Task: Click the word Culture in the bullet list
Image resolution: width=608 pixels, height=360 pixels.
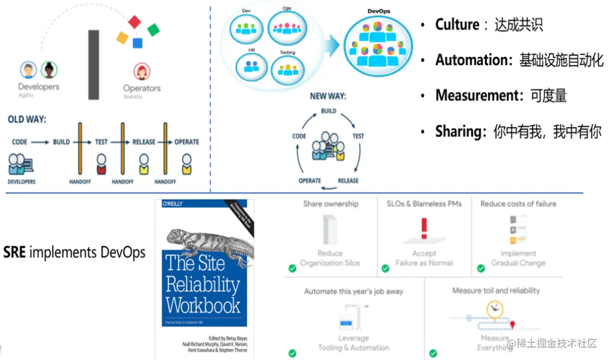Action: pos(457,25)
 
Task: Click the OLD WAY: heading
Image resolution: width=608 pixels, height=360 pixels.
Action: pos(27,119)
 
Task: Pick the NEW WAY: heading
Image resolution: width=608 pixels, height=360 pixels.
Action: pos(328,96)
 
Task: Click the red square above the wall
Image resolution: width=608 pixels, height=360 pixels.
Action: pos(134,22)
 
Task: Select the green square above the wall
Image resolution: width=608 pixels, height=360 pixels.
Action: pos(154,29)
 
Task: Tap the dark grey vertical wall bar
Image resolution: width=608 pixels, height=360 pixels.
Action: pos(93,65)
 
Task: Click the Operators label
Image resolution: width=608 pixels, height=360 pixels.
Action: pos(142,88)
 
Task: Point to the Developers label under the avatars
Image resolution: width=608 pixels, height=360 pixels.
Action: pos(38,87)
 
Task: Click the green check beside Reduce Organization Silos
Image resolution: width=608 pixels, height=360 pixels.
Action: pos(292,268)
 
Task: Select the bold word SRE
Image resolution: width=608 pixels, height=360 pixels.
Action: pos(15,252)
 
